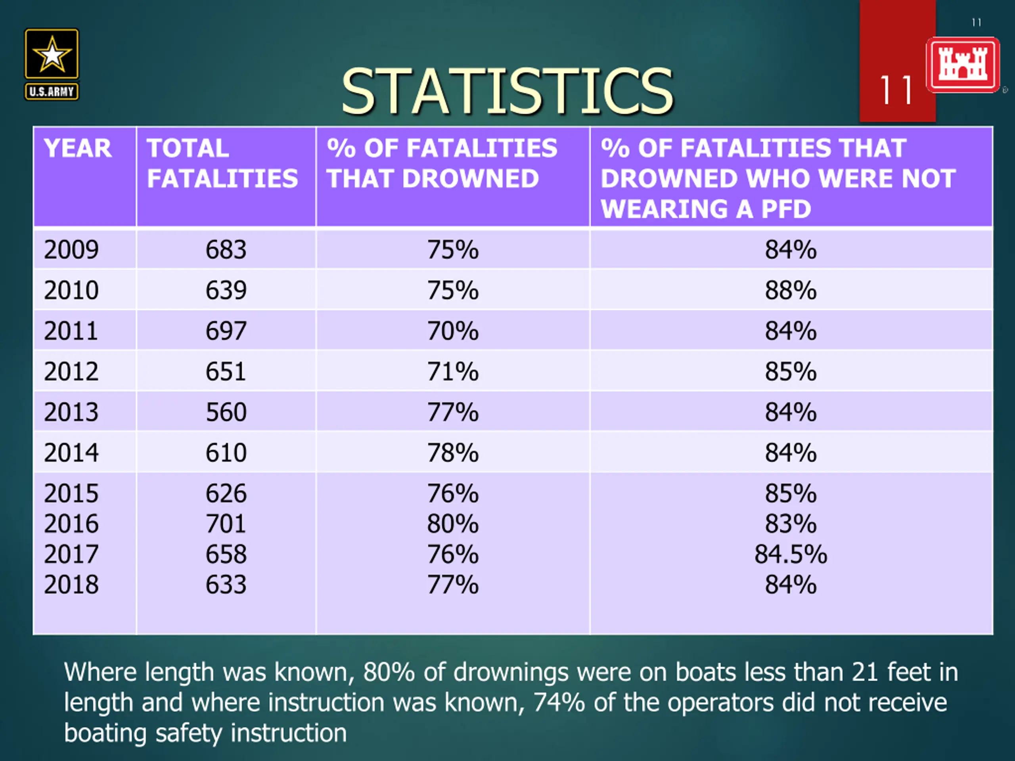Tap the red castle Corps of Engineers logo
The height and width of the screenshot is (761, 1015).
click(963, 65)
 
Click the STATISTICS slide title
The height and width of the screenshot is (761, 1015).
click(507, 91)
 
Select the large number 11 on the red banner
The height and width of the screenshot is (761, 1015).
click(896, 90)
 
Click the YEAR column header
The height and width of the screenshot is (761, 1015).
click(78, 148)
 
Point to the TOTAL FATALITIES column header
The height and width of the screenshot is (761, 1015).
click(222, 163)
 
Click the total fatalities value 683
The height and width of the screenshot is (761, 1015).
click(226, 250)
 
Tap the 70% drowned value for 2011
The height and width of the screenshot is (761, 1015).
click(453, 331)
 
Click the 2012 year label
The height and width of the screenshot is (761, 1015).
click(71, 371)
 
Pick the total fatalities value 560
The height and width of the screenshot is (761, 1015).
click(226, 412)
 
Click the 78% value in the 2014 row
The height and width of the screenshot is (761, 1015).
click(453, 453)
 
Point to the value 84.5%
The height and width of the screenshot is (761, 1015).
click(791, 554)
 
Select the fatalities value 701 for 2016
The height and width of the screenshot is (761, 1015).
click(226, 524)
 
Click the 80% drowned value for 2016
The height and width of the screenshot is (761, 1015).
click(453, 524)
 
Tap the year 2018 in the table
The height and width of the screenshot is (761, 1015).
click(71, 584)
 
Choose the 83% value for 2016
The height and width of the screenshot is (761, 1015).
click(791, 524)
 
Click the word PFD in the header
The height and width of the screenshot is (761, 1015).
click(786, 209)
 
